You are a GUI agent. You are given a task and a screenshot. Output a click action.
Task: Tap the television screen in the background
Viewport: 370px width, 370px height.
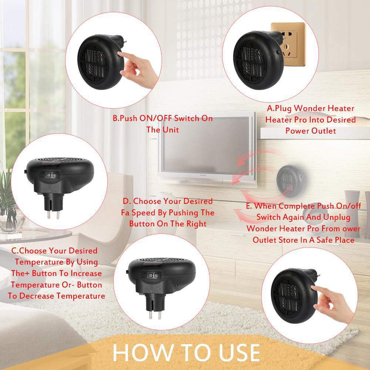206,145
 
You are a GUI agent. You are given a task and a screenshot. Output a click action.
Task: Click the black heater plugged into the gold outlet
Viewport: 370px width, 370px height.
259,60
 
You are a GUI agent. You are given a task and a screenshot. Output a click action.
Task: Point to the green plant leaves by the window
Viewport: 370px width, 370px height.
7,189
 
